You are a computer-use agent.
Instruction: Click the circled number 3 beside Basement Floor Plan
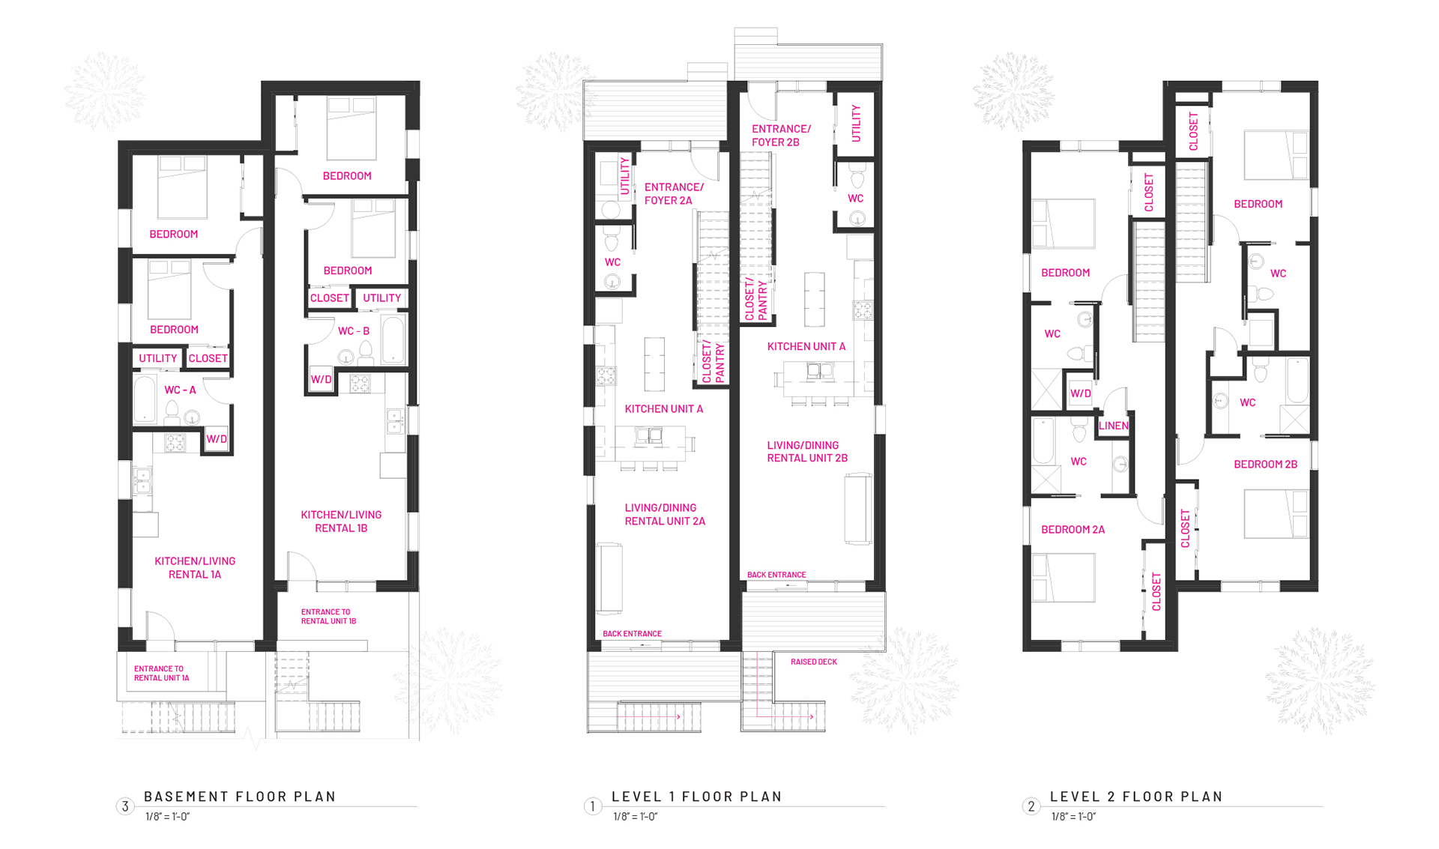click(x=125, y=806)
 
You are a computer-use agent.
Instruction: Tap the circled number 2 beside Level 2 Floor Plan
click(x=1031, y=806)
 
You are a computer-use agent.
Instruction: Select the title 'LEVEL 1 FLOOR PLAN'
click(x=696, y=797)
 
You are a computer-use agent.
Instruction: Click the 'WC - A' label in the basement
click(x=180, y=390)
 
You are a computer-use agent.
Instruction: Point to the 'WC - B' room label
click(x=354, y=331)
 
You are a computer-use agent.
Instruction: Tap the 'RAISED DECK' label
click(x=814, y=662)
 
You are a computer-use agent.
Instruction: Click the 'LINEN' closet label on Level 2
click(x=1113, y=426)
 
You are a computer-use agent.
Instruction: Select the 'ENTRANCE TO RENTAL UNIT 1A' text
click(x=161, y=674)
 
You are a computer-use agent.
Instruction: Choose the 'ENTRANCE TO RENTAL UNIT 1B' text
click(x=328, y=617)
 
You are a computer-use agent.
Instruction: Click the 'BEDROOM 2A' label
click(x=1073, y=530)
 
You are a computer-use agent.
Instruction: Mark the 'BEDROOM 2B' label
click(x=1265, y=465)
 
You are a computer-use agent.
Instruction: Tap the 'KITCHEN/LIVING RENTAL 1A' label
click(x=195, y=568)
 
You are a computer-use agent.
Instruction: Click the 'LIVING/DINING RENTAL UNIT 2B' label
click(x=807, y=452)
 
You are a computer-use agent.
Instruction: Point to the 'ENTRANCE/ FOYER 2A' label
click(x=674, y=194)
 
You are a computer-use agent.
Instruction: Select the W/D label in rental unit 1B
click(x=321, y=380)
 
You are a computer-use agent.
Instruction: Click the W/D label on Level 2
click(x=1080, y=393)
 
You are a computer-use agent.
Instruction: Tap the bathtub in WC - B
click(x=393, y=339)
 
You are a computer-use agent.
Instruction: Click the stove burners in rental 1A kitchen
click(x=175, y=443)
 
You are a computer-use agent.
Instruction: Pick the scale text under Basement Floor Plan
click(x=168, y=817)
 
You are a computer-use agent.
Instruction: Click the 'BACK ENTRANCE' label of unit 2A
click(x=632, y=634)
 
